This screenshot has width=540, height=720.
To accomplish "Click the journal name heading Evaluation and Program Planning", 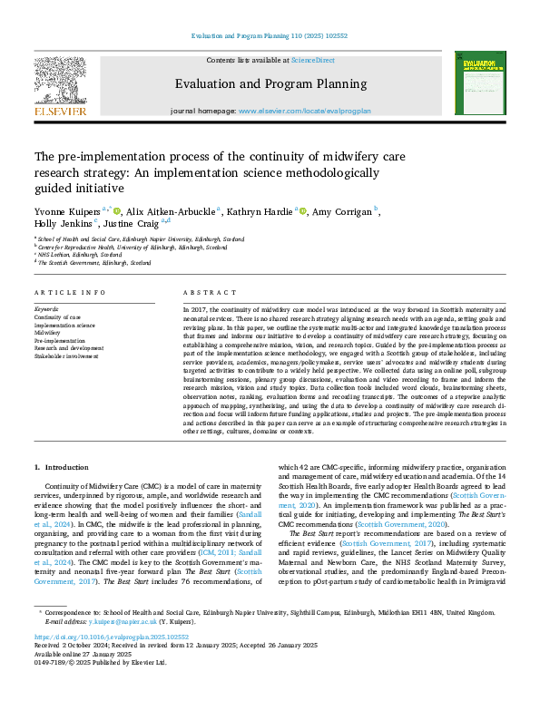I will (270, 84).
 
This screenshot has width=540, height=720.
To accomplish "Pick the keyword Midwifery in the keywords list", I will (49, 333).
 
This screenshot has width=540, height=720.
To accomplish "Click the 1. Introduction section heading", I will (62, 467).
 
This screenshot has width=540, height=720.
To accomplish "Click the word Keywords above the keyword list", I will (47, 308).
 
